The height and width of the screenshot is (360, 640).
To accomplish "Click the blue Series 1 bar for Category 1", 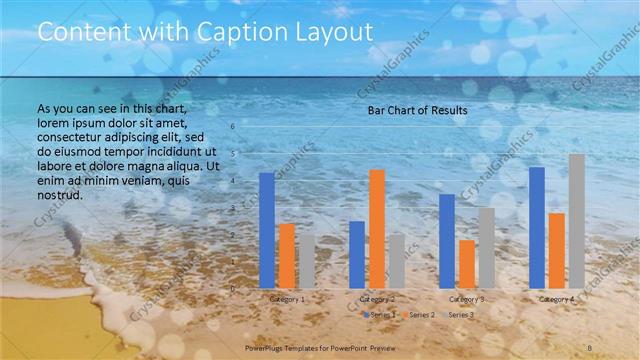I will (267, 230).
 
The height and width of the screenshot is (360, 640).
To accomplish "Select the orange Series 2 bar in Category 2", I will (377, 229).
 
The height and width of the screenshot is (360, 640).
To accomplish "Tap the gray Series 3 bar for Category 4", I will (577, 221).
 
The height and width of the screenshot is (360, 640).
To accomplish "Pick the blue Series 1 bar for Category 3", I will (447, 241).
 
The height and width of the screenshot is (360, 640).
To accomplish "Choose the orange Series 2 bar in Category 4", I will (557, 250).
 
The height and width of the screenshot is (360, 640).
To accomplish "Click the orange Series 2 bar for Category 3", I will (467, 264).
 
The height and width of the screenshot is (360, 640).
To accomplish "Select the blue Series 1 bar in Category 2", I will (357, 254).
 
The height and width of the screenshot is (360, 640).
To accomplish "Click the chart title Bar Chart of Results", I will (411, 109).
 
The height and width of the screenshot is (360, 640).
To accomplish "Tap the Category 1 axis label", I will (287, 299).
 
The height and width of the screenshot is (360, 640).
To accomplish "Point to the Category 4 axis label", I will (557, 299).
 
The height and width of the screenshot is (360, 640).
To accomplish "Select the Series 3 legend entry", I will (461, 315).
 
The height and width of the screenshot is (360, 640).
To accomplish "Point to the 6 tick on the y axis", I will (232, 127).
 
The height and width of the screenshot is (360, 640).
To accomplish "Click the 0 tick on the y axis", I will (232, 289).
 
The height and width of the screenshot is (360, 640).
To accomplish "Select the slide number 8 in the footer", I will (591, 346).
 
